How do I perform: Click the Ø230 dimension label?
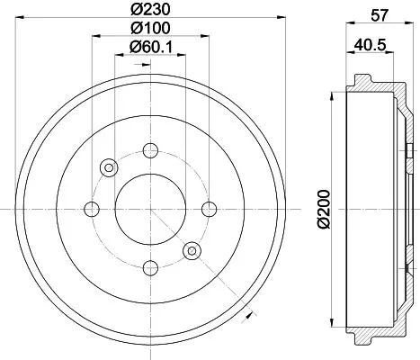coord(150,12)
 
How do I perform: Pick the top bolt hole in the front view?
coord(150,150)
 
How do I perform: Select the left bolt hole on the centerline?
coord(92,209)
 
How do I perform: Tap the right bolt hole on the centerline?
coord(209,209)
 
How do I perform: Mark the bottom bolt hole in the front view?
coord(150,267)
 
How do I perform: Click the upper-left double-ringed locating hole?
coord(110,167)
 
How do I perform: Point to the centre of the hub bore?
coord(150,209)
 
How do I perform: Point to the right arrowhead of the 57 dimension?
coord(409,26)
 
